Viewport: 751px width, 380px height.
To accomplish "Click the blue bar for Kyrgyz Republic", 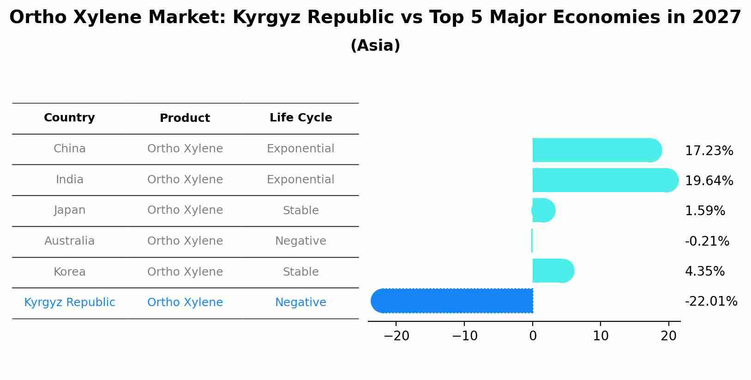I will click(x=452, y=301).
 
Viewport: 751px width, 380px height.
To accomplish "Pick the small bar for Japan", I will click(x=543, y=211).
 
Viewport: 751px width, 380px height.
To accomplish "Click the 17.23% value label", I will click(x=709, y=151).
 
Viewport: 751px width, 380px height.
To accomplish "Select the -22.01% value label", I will click(x=711, y=302).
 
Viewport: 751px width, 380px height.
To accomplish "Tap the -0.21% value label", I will click(x=707, y=241).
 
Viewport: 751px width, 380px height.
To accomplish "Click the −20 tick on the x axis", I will click(x=397, y=336).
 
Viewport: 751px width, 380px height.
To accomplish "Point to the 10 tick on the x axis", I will click(x=601, y=336).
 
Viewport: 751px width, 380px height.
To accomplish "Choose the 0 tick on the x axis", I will click(x=533, y=336).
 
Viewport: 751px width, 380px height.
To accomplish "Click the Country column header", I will click(x=69, y=118).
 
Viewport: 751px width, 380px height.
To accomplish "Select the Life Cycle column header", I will click(x=300, y=118).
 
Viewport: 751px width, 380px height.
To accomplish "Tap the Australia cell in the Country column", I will click(x=69, y=241).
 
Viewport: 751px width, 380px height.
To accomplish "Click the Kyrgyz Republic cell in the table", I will click(x=69, y=302).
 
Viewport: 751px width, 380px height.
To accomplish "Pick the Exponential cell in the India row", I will click(x=300, y=180).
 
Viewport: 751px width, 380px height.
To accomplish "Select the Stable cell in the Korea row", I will click(x=300, y=272).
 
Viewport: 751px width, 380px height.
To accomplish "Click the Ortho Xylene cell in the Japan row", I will click(x=185, y=210).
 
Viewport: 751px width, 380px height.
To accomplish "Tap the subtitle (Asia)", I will click(x=375, y=46).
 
